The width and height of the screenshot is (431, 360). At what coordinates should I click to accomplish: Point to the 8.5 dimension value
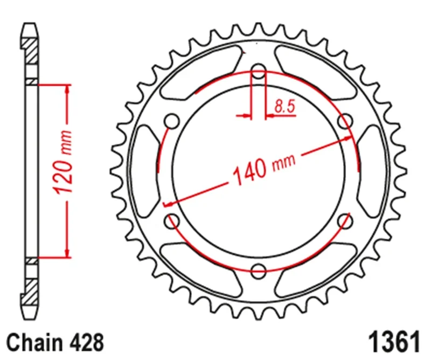(284, 106)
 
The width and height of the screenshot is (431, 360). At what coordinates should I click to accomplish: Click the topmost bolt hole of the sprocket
(259, 71)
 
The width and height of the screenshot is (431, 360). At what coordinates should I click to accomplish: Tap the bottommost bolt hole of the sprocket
(259, 269)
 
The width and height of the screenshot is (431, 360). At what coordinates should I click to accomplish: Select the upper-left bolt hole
(172, 121)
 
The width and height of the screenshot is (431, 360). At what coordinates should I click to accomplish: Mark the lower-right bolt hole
(345, 219)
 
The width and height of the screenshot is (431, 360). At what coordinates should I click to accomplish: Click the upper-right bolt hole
(345, 121)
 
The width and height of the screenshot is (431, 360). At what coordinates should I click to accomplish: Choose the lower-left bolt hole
(172, 219)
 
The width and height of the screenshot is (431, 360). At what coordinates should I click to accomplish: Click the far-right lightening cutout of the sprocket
(372, 170)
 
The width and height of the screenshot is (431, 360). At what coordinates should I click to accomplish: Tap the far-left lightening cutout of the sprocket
(144, 170)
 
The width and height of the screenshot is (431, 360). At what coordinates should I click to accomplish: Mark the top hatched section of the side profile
(32, 51)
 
